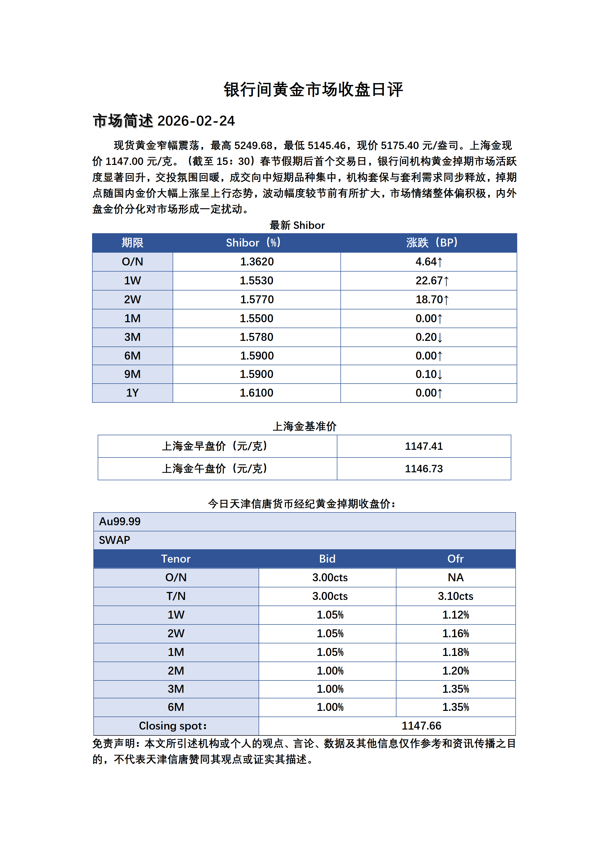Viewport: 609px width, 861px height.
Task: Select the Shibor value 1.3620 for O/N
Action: (257, 262)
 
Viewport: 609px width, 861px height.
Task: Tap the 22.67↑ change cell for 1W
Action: (432, 281)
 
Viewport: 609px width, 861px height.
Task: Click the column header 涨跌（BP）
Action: (432, 243)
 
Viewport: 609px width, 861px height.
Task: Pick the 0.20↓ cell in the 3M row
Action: (429, 337)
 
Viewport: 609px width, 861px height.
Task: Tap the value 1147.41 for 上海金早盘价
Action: (424, 446)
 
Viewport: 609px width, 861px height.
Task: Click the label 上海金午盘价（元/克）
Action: (215, 469)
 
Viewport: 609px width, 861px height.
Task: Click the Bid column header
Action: (327, 559)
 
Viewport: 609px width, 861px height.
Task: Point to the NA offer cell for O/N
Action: (456, 577)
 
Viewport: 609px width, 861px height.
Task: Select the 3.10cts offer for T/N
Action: (456, 596)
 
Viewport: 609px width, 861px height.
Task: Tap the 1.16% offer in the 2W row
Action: (456, 634)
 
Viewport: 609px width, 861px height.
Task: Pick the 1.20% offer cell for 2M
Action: (456, 671)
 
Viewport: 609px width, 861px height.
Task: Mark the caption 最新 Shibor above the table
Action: (297, 225)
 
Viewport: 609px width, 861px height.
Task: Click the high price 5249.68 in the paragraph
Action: (253, 146)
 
